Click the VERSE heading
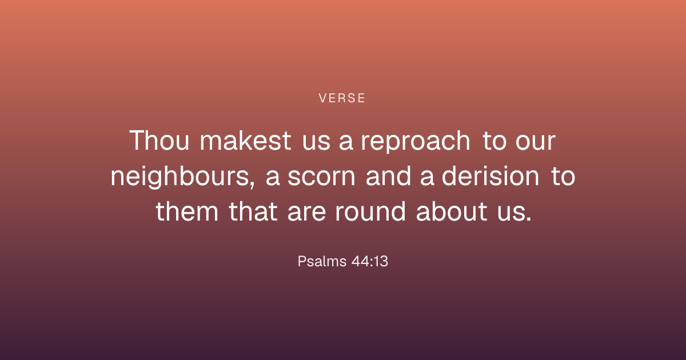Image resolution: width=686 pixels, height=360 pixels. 342,98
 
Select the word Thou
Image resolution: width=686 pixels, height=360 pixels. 159,141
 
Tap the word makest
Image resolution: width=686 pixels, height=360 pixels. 245,141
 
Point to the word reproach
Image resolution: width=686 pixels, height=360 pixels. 416,142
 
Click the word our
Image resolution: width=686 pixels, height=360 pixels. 535,142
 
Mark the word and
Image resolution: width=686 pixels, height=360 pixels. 388,176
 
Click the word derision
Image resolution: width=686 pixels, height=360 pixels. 490,176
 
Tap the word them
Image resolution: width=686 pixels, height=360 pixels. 187,211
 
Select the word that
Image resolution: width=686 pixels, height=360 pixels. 253,211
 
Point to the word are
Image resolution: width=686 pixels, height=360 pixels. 306,213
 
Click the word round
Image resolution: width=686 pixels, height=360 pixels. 370,211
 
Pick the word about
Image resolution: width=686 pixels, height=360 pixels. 452,211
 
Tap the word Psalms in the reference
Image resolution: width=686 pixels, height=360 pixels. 322,262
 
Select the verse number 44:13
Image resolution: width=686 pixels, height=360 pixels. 370,262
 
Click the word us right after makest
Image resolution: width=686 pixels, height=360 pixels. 316,142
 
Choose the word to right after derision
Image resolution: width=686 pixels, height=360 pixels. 563,177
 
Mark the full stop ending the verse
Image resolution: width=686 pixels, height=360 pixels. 529,218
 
